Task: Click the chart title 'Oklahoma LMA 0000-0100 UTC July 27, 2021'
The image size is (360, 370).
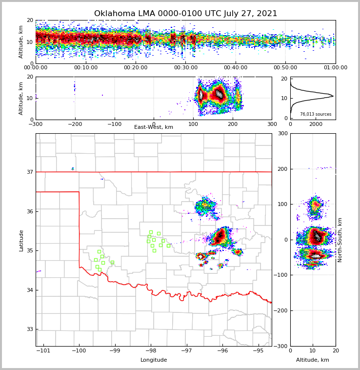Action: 185,14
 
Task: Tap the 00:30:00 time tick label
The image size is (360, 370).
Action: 185,68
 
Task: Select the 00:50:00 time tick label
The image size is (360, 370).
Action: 285,68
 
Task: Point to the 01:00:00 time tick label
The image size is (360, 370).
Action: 335,68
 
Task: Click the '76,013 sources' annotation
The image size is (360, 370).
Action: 316,114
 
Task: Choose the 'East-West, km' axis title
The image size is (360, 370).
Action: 154,127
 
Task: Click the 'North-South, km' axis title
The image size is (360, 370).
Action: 340,240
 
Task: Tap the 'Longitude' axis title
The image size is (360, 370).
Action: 154,360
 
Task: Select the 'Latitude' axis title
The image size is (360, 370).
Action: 21,240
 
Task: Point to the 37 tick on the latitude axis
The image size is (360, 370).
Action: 30,172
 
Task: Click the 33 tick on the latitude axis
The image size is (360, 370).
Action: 30,329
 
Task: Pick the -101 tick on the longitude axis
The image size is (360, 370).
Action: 43,350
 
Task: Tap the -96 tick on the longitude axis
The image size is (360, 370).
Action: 222,350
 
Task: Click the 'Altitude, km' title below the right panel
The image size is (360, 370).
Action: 313,360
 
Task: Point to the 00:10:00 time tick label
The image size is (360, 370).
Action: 85,68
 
